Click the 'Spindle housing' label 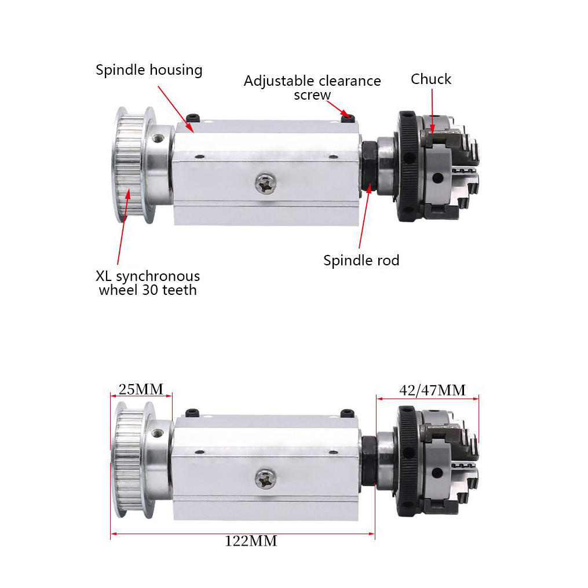tap(149, 70)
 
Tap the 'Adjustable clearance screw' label tap(312, 87)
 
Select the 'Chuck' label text tap(430, 79)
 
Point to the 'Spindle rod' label tap(361, 260)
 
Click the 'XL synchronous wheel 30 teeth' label tap(149, 283)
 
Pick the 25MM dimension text tap(140, 388)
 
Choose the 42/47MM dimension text tap(432, 390)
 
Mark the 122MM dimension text tap(251, 541)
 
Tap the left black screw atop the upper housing tap(193, 118)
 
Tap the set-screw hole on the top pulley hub tap(158, 138)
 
